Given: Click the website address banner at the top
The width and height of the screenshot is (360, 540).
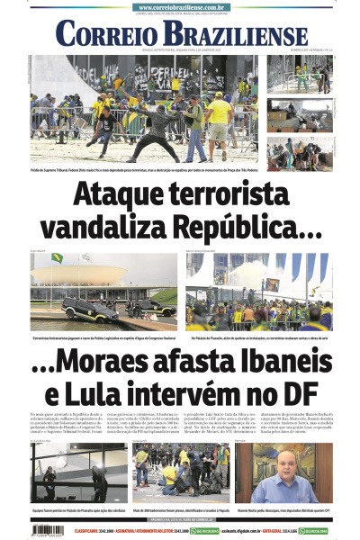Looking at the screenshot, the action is [179, 7].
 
